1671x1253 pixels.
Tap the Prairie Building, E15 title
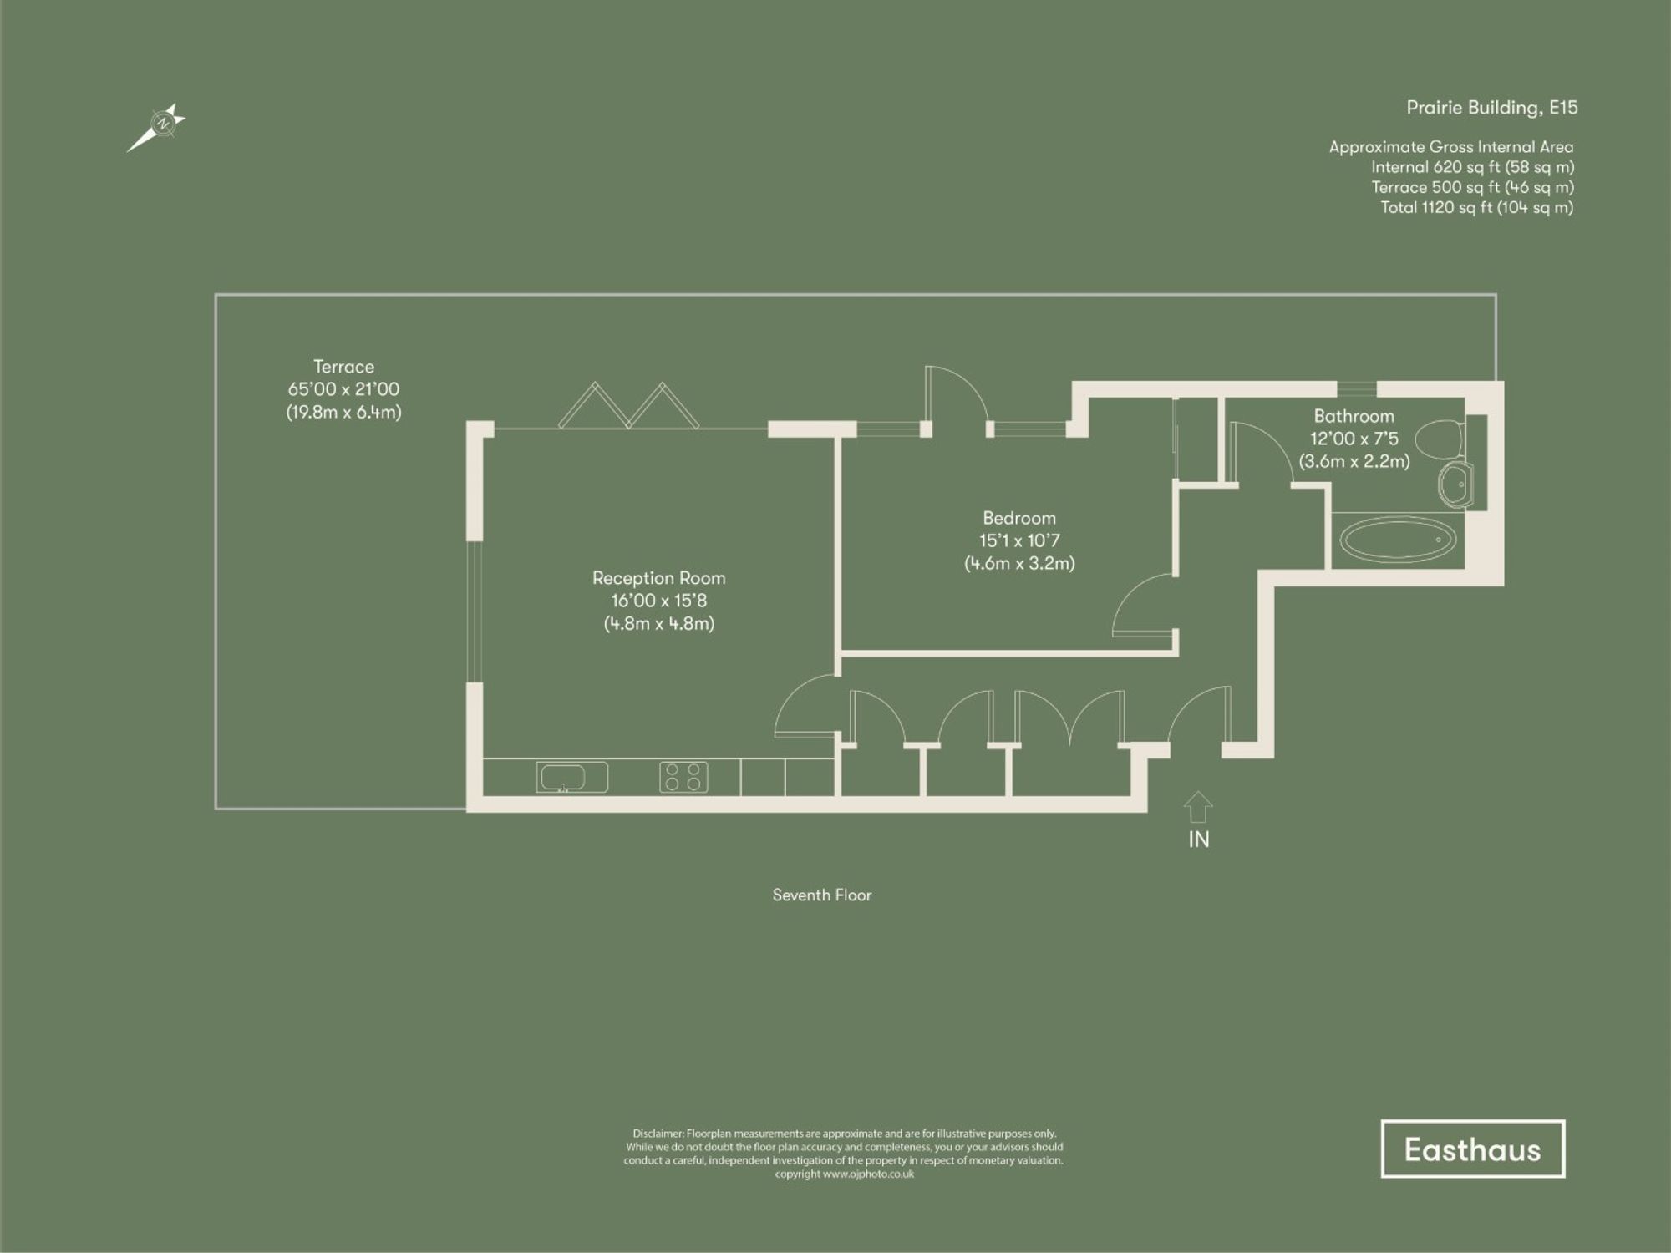tap(1491, 108)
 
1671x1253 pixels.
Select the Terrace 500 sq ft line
tap(1472, 187)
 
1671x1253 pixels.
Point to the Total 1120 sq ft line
tap(1476, 207)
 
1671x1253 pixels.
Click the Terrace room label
tap(343, 367)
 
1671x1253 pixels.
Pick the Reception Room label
tap(658, 578)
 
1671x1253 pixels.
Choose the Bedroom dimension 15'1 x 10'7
tap(1019, 540)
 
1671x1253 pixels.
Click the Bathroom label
tap(1354, 416)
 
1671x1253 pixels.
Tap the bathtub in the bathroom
tap(1398, 540)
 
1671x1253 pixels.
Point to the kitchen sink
tap(571, 778)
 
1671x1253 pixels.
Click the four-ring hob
tap(683, 777)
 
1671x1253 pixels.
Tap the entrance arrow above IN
tap(1198, 806)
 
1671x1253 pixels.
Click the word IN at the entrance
tap(1198, 840)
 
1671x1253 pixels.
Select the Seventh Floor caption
tap(821, 895)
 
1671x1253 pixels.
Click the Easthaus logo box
tap(1472, 1149)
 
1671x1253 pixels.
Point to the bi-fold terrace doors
tap(628, 407)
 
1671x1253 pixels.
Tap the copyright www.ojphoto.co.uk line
tap(844, 1174)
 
